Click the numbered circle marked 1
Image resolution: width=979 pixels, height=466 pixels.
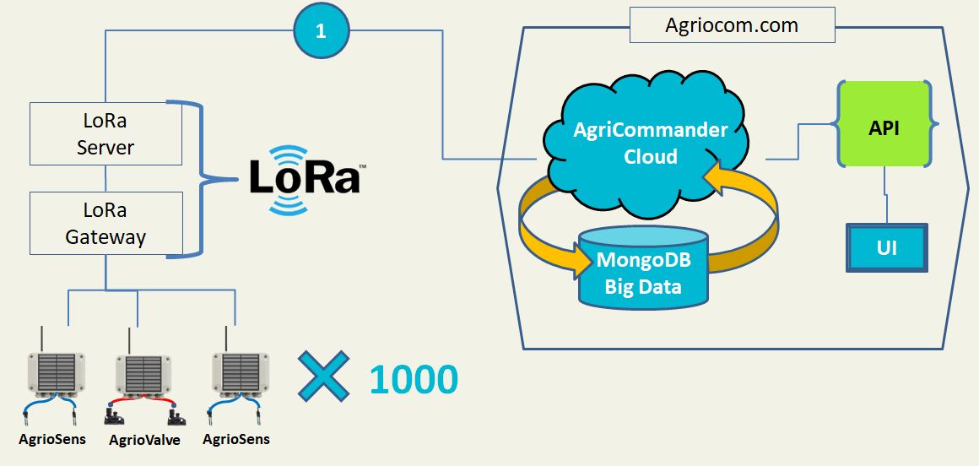[321, 30]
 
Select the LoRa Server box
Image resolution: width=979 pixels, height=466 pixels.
[105, 133]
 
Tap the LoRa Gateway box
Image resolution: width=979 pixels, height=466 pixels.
[105, 223]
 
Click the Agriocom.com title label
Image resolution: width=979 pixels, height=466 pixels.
[732, 25]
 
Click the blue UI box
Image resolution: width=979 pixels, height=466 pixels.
[887, 248]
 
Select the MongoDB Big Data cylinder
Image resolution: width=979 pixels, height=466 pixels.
[644, 267]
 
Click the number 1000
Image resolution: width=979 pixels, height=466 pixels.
[414, 380]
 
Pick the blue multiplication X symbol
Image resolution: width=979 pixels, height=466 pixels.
[323, 376]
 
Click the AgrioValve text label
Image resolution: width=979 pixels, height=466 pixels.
[144, 440]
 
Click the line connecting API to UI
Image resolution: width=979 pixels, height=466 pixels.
[885, 195]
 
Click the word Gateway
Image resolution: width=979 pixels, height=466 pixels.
[105, 237]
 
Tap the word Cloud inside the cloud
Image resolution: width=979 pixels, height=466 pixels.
[651, 155]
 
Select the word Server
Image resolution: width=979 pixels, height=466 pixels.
[105, 148]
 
